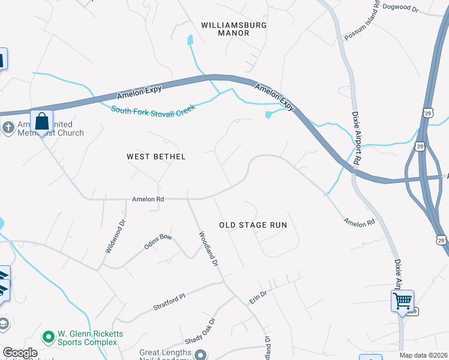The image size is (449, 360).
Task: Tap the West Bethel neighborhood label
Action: [156, 157]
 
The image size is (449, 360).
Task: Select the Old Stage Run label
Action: [253, 225]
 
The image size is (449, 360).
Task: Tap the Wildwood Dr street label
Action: [115, 235]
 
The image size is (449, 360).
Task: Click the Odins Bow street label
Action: [158, 242]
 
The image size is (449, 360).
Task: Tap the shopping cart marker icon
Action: [402, 300]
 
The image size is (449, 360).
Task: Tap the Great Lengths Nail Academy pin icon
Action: [200, 354]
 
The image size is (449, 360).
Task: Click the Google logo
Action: [20, 353]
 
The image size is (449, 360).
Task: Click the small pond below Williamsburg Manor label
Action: [191, 40]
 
